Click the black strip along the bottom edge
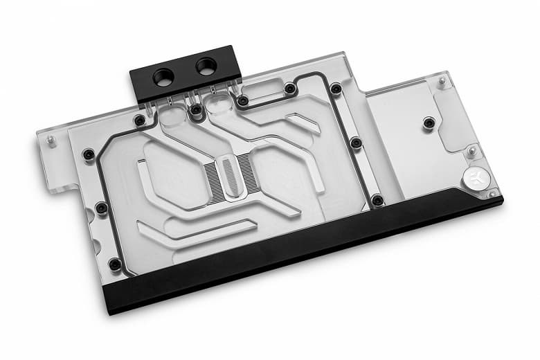click(312, 256)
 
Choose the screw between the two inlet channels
click(197, 109)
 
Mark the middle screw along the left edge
click(102, 207)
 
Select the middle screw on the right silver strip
click(356, 143)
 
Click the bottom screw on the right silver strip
click(377, 201)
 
